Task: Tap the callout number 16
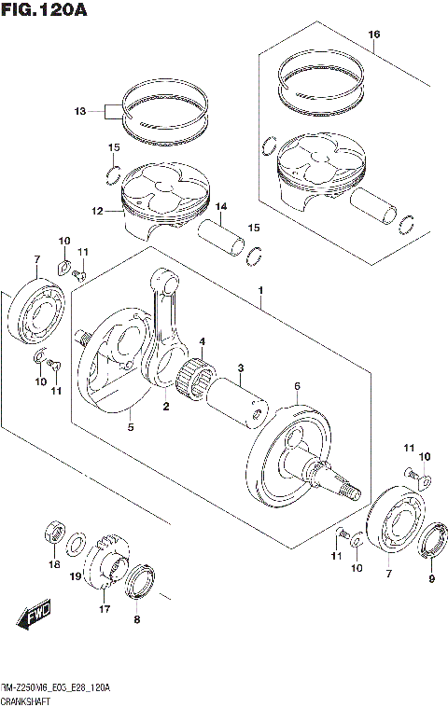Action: (x=373, y=35)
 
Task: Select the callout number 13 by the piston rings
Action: (x=79, y=112)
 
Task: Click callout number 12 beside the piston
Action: (x=97, y=212)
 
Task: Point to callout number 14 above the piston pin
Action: (x=221, y=206)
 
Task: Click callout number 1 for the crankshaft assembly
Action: (x=262, y=291)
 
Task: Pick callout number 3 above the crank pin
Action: (x=240, y=367)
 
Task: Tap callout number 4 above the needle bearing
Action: (x=202, y=341)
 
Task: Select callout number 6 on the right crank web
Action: (x=296, y=386)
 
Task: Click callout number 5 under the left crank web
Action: (x=131, y=427)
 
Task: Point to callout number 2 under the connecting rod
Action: (x=165, y=407)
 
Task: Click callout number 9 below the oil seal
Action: (x=431, y=578)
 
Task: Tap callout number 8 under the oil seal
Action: (x=137, y=618)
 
